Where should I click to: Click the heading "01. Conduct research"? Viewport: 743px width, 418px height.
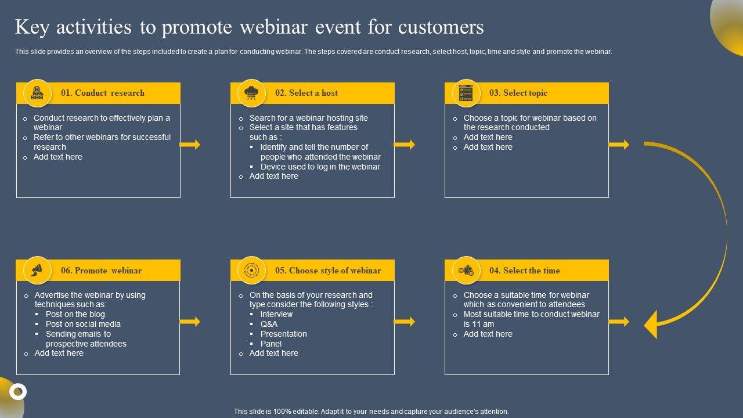[x=103, y=93]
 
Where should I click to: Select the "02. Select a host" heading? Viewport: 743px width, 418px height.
[x=306, y=93]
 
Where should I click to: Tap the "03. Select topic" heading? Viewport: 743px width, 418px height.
[x=518, y=93]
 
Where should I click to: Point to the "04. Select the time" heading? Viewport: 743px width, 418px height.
[x=525, y=271]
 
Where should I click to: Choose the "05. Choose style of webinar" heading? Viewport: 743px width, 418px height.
[x=328, y=271]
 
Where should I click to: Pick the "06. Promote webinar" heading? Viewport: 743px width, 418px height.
[x=102, y=271]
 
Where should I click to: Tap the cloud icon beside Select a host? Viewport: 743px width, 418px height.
[x=252, y=93]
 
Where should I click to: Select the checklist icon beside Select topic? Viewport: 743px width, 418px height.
[x=466, y=93]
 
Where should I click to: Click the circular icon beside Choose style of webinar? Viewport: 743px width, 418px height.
[x=252, y=271]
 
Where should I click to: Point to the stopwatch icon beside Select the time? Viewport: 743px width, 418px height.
[x=466, y=271]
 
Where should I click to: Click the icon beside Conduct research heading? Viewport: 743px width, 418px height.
[x=38, y=93]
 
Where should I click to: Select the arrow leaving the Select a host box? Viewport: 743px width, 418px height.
[x=405, y=145]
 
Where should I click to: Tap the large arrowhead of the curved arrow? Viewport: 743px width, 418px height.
[x=651, y=324]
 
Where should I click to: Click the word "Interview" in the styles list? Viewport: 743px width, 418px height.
[x=276, y=315]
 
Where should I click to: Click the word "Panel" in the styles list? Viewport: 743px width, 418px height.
[x=271, y=344]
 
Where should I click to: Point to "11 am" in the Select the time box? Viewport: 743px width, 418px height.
[x=484, y=325]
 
